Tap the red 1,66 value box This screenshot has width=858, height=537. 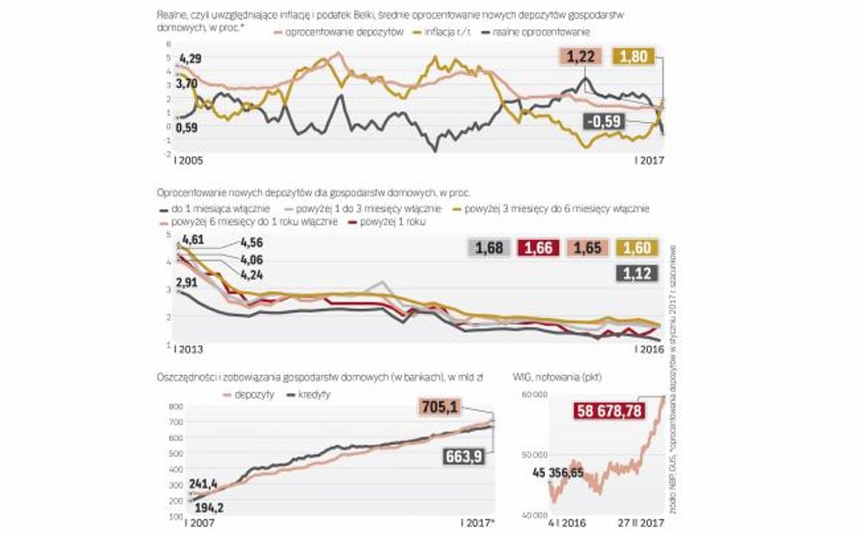[541, 246]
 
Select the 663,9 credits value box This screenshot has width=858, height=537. [470, 457]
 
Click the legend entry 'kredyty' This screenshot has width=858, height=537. [311, 395]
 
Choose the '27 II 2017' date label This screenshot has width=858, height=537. [637, 523]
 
